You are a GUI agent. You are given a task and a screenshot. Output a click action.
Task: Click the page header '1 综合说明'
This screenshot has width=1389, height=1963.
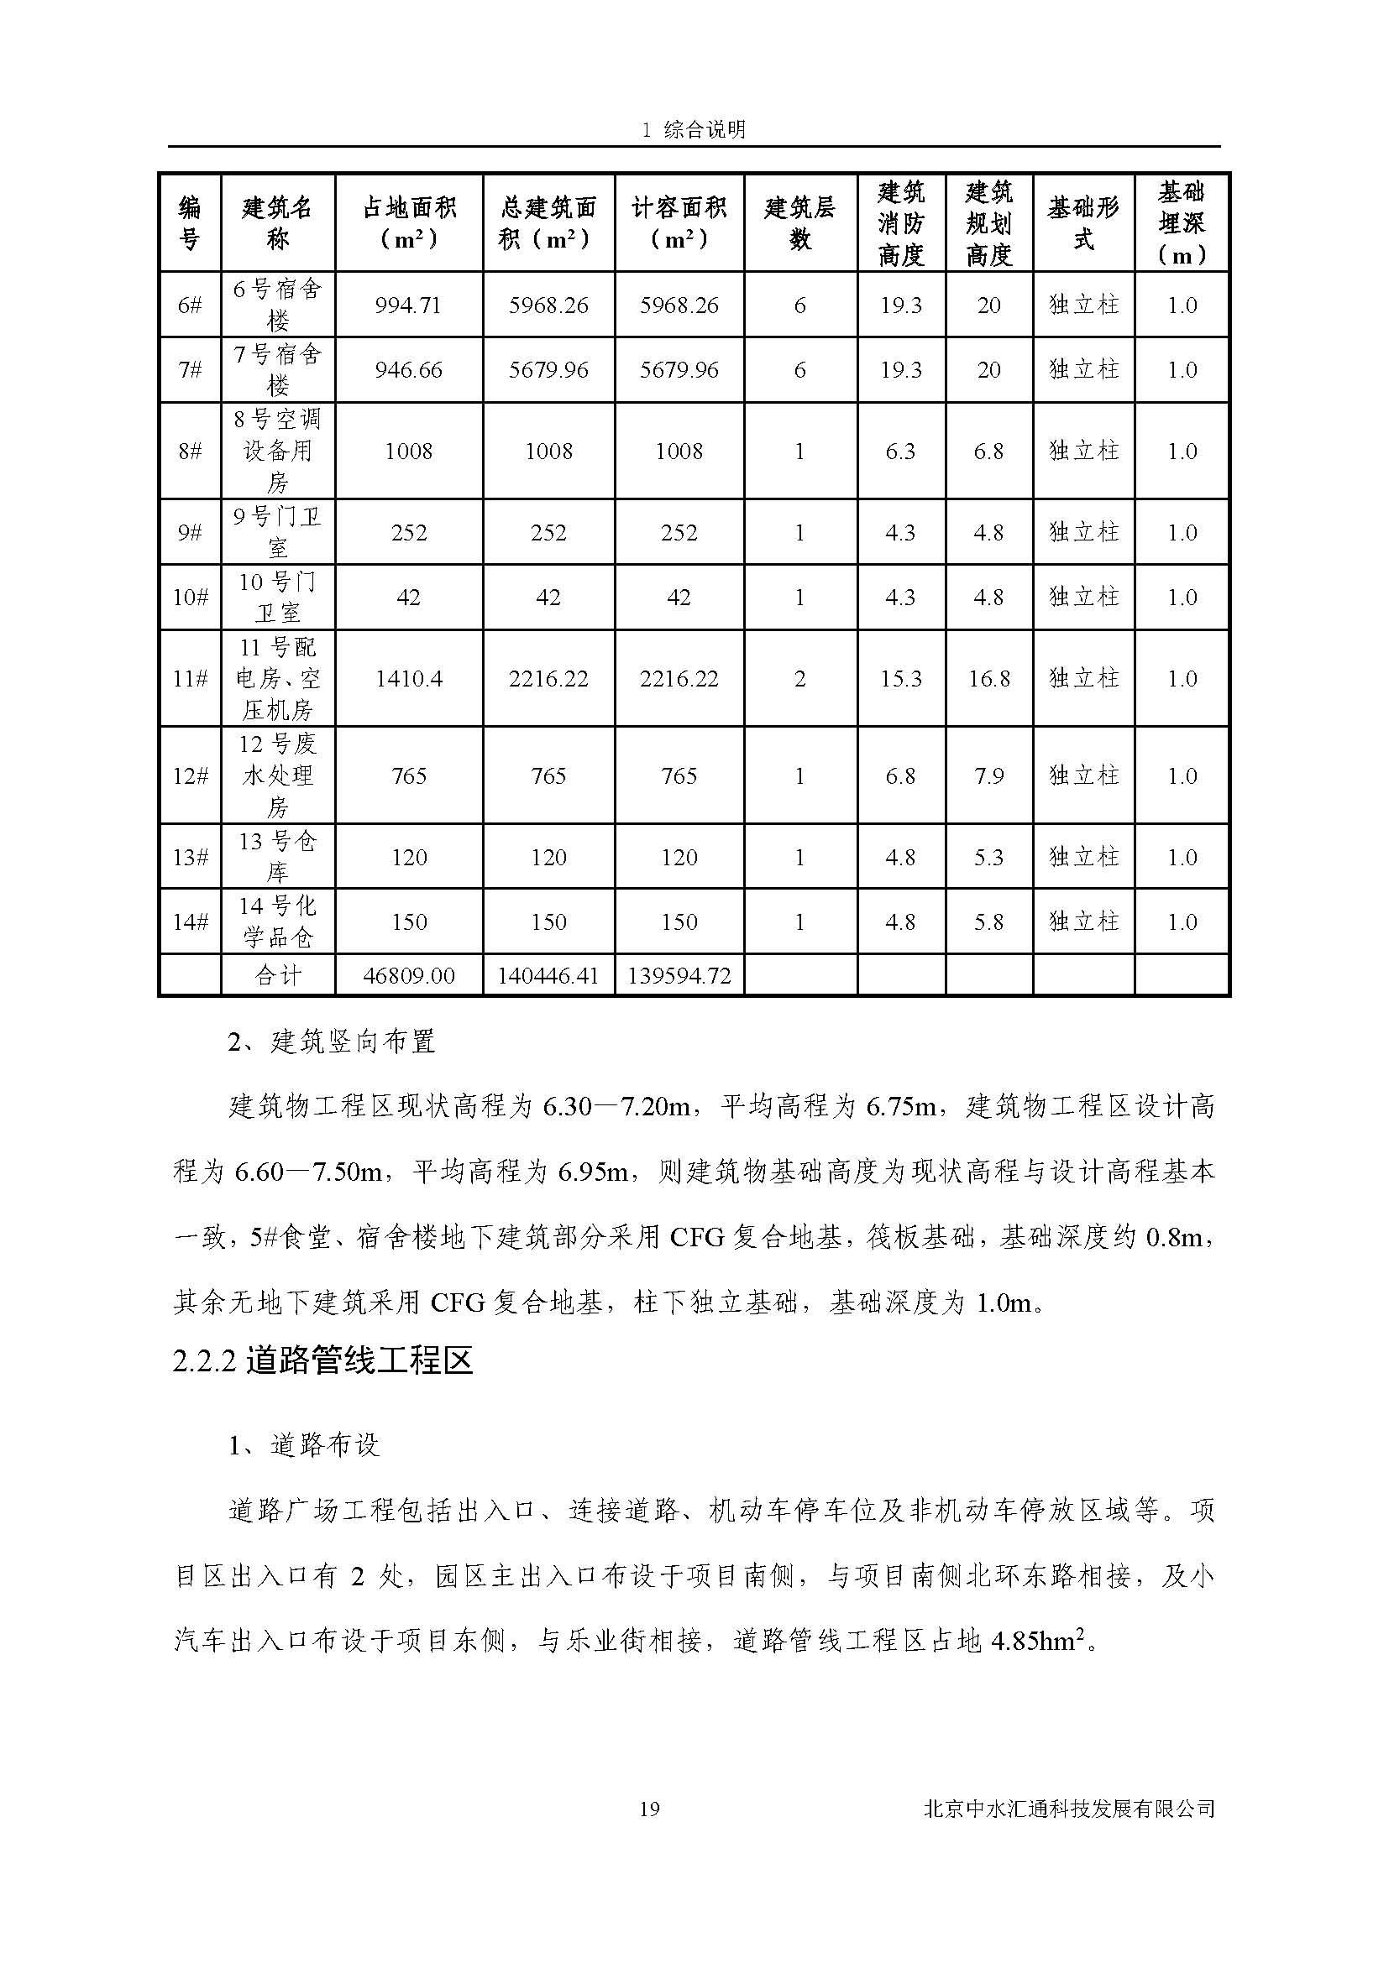(x=694, y=129)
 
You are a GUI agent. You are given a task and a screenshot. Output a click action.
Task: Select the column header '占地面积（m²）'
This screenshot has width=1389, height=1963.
(x=409, y=223)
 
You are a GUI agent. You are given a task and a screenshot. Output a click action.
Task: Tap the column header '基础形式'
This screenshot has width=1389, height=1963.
(x=1082, y=223)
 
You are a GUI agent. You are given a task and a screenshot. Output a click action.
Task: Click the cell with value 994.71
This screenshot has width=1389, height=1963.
(x=409, y=305)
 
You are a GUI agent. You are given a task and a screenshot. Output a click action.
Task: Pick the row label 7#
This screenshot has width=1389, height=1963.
(x=190, y=370)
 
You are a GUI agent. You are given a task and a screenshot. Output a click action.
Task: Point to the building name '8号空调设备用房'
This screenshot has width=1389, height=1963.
(x=278, y=451)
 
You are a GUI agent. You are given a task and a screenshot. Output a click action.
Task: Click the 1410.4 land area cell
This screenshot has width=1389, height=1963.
(x=409, y=679)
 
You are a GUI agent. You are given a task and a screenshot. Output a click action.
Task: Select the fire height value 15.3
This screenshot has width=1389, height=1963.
(x=900, y=679)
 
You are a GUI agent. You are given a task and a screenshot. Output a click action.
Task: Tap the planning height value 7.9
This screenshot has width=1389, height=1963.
(x=988, y=775)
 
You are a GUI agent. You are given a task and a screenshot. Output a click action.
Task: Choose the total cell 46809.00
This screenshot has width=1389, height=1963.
(x=409, y=975)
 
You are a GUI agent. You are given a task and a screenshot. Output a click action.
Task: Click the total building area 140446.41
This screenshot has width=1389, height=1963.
(x=548, y=975)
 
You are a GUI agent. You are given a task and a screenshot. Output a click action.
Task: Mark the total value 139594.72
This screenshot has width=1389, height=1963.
(x=679, y=975)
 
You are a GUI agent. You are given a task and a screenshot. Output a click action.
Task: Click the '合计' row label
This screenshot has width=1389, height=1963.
(x=278, y=975)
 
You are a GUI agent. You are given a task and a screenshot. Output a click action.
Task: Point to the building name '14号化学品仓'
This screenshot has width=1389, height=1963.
(x=278, y=921)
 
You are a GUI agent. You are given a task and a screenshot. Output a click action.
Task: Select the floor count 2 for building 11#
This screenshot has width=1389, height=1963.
(x=799, y=679)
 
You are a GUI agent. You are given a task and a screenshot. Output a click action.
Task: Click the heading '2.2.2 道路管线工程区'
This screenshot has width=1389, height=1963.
(x=322, y=1362)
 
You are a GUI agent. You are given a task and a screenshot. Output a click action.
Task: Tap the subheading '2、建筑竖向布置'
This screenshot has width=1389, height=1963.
(x=332, y=1042)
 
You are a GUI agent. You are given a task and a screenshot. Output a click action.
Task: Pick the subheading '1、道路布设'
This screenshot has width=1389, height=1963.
(x=304, y=1446)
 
